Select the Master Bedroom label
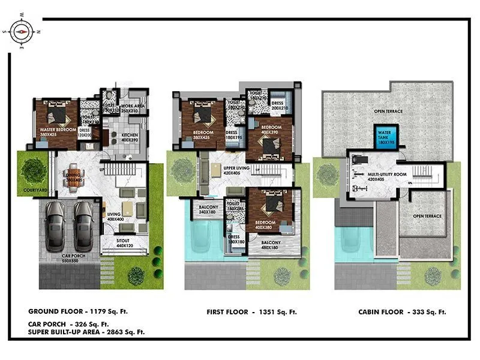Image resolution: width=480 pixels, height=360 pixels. [x=58, y=130]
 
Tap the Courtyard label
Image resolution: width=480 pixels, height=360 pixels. [x=34, y=190]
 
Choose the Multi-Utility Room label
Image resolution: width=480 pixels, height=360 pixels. [x=387, y=175]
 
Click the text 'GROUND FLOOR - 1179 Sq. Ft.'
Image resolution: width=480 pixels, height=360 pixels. [x=78, y=311]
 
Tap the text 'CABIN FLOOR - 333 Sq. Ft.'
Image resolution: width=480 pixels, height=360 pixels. [x=402, y=312]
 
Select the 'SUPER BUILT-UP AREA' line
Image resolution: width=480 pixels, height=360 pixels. [x=85, y=331]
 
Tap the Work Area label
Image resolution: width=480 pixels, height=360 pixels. [x=133, y=107]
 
